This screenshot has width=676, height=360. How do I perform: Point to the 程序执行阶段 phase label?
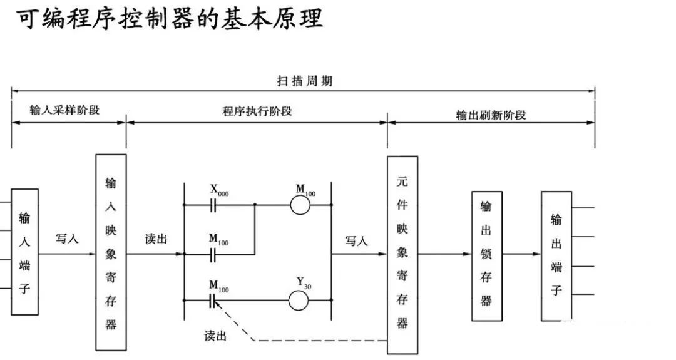point(257,111)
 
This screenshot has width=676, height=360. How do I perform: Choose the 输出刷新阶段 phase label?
point(491,115)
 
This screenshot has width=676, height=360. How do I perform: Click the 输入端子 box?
point(24,252)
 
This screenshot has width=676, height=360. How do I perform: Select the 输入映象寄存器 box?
point(111,252)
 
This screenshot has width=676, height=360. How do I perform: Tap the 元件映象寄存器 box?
point(402,254)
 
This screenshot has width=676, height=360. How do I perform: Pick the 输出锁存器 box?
point(486,256)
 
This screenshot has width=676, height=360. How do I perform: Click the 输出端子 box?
point(556,255)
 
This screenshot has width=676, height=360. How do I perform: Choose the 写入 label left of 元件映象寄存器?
point(356,241)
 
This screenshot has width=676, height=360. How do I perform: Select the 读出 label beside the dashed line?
point(215,336)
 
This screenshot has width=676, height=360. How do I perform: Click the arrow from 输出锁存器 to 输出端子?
point(521,254)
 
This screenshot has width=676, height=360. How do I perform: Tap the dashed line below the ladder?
point(313,341)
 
